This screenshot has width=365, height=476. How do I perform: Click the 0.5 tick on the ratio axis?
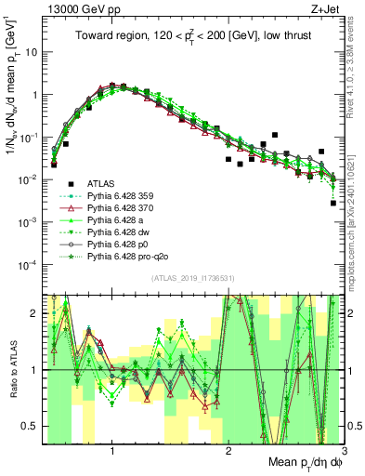point(32,425)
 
